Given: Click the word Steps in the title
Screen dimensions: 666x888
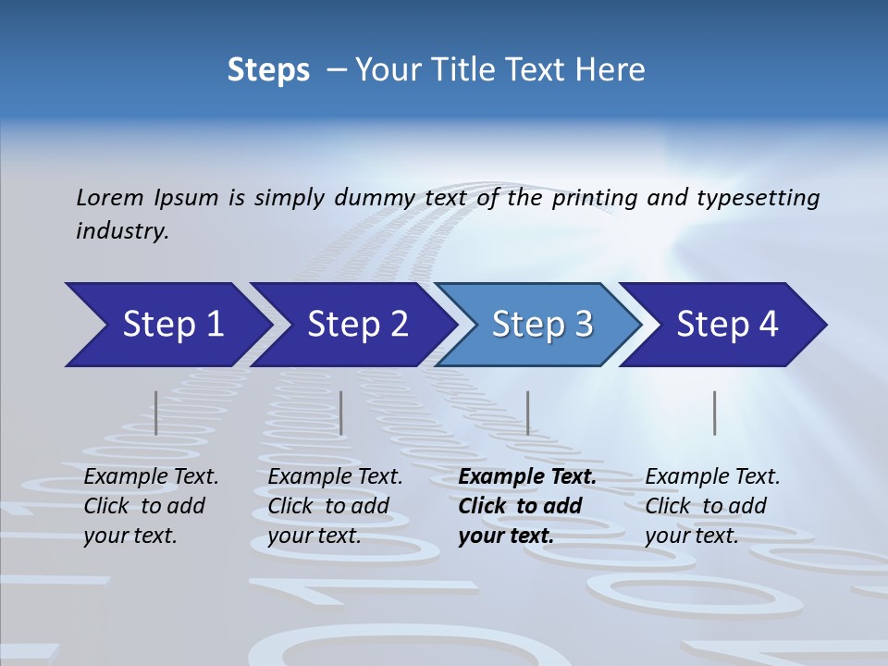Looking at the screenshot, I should (268, 70).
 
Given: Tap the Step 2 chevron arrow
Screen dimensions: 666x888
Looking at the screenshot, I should (357, 325).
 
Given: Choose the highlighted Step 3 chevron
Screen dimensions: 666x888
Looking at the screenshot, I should (542, 325).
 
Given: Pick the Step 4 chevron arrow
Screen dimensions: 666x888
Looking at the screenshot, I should (727, 325).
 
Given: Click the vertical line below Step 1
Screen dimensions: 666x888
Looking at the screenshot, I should (156, 413).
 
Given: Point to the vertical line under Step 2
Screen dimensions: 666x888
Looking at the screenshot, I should (341, 413).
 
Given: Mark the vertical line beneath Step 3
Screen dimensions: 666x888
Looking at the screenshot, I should (528, 413).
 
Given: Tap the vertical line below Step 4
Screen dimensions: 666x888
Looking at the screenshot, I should (715, 413).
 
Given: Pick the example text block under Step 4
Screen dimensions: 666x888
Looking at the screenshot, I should (712, 506).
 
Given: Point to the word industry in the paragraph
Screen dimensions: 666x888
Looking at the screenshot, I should (122, 231).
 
